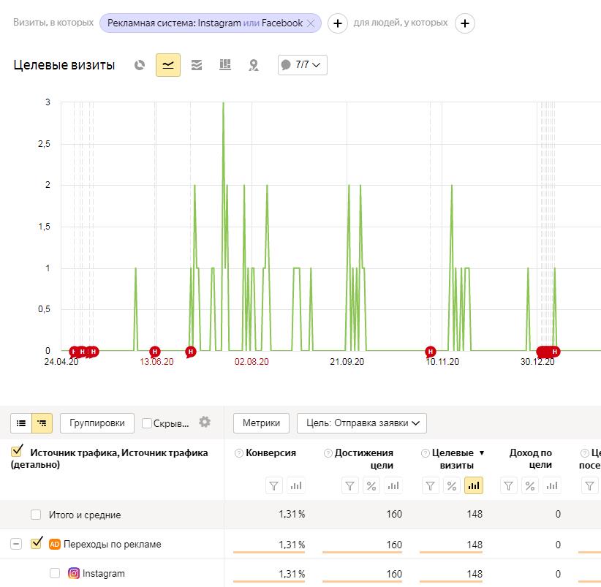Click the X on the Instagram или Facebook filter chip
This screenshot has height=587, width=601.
point(311,23)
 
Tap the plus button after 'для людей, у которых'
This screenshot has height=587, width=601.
point(464,23)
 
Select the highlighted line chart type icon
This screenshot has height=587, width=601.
point(168,65)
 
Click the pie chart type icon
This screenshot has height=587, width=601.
point(140,65)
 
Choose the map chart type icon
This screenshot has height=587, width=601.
point(254,65)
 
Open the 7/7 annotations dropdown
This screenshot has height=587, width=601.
point(303,65)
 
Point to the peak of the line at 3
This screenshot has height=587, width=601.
point(224,102)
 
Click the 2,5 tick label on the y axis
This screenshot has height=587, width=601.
point(44,144)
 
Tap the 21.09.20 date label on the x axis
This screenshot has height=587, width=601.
point(347,362)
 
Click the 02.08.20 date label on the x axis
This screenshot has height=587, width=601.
point(252,362)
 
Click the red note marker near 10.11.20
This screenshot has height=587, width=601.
point(431,352)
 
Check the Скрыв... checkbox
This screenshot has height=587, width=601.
point(146,423)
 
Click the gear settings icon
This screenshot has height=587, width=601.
point(205,422)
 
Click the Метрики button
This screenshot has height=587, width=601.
point(261,423)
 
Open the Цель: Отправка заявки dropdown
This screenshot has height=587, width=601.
point(361,423)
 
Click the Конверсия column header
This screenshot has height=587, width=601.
point(271,453)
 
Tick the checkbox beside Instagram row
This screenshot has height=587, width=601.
point(55,573)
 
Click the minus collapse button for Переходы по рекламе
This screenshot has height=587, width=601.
point(15,544)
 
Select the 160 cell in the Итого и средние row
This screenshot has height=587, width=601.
point(394,514)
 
